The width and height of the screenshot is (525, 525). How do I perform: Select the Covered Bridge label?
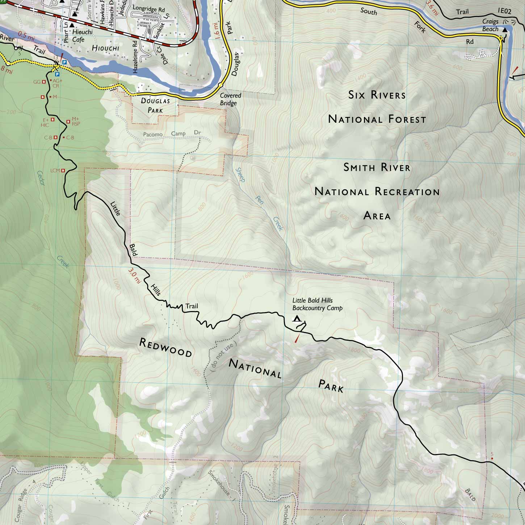pyautogui.click(x=230, y=99)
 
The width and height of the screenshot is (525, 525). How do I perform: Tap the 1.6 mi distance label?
pyautogui.click(x=216, y=30)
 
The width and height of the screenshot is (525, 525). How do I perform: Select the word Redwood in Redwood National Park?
pyautogui.click(x=165, y=348)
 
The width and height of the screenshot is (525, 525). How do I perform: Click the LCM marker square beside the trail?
pyautogui.click(x=63, y=170)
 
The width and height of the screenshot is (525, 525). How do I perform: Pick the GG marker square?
pyautogui.click(x=44, y=82)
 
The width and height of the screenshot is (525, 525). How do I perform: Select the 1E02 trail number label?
pyautogui.click(x=504, y=11)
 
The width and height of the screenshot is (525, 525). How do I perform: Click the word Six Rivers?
pyautogui.click(x=377, y=95)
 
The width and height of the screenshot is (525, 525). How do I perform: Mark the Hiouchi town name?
pyautogui.click(x=105, y=48)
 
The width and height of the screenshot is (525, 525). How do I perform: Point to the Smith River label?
pyautogui.click(x=377, y=167)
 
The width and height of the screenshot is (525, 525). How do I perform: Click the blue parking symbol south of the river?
pyautogui.click(x=57, y=74)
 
